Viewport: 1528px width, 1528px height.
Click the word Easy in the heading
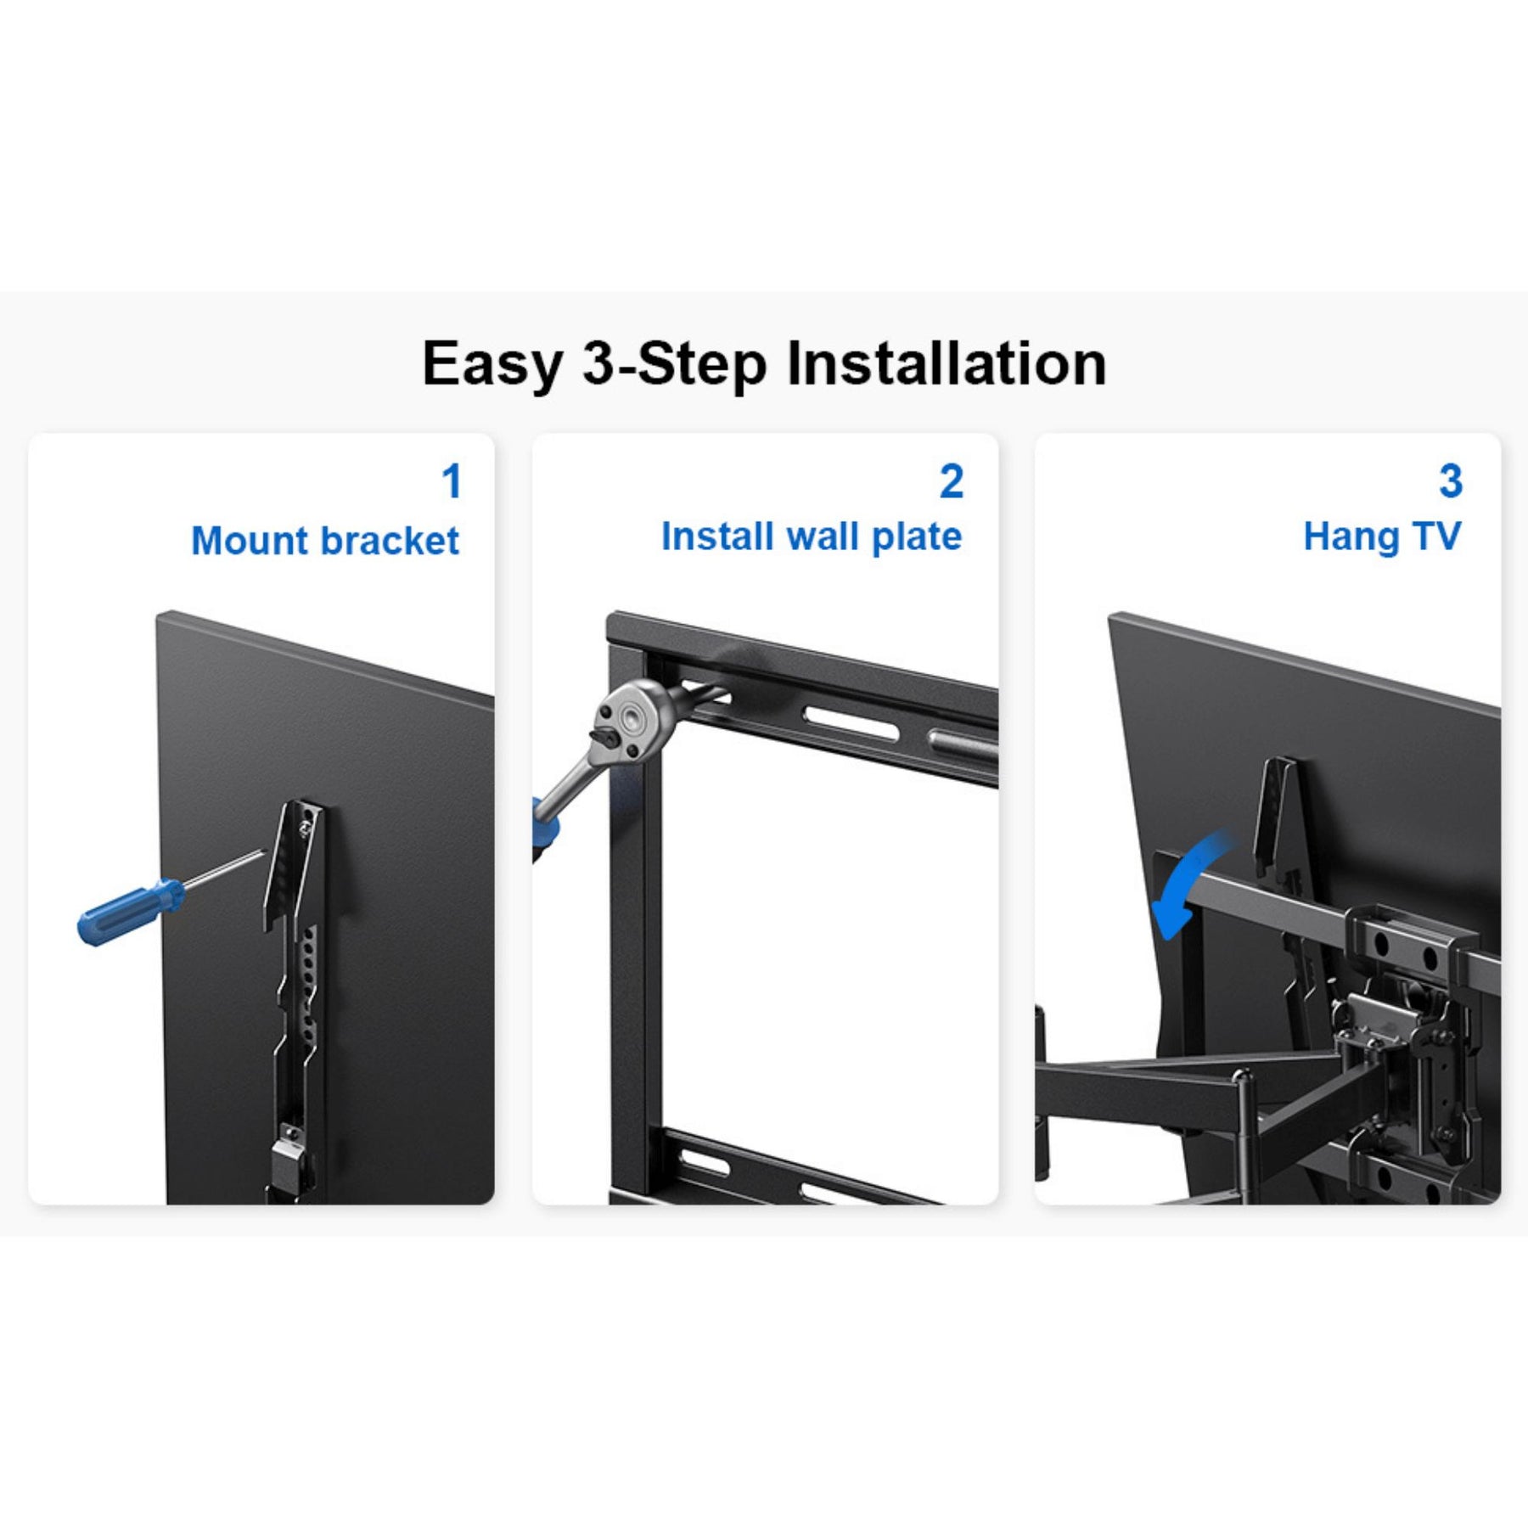(x=493, y=365)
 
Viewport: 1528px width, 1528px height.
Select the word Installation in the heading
(x=947, y=363)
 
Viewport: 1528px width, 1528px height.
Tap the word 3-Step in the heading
(x=675, y=365)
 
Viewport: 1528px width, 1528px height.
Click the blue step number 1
(x=452, y=481)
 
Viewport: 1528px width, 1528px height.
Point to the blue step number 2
(x=952, y=481)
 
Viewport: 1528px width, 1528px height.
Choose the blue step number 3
(x=1451, y=481)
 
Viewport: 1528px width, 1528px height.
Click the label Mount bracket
(x=325, y=541)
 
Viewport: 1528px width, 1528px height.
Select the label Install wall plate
(x=812, y=536)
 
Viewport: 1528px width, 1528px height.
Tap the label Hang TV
(x=1382, y=536)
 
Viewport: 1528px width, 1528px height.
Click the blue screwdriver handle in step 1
(x=129, y=912)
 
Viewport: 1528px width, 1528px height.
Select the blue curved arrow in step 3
(x=1188, y=879)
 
